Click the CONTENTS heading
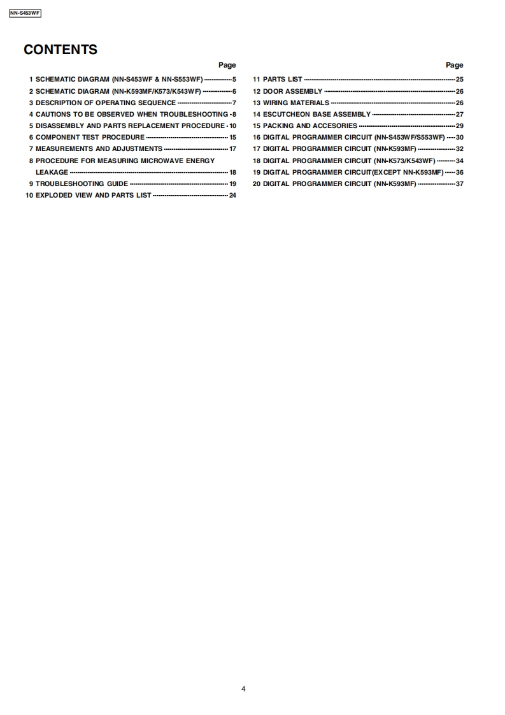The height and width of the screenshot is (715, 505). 60,50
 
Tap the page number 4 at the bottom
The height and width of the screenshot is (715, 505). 243,688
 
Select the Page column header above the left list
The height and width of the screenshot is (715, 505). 227,65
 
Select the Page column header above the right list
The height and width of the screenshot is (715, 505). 454,65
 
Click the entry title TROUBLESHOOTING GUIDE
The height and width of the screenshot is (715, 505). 82,184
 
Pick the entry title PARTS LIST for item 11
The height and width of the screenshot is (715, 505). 283,80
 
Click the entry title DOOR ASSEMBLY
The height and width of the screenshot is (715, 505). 292,91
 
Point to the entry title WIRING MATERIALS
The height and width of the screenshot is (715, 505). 296,103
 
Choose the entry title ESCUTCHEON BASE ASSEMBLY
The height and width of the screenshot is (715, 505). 317,114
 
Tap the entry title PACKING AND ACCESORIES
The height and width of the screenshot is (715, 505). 310,126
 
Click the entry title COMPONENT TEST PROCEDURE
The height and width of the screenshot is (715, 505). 90,137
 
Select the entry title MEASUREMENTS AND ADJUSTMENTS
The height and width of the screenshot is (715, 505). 99,148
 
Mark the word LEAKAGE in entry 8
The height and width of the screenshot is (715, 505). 52,172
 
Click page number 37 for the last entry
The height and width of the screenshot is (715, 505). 460,184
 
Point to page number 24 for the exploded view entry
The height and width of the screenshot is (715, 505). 232,195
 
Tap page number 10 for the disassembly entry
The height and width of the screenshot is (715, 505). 232,126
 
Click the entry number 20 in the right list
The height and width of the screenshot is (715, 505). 257,184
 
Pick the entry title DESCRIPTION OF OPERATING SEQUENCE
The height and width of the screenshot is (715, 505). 106,103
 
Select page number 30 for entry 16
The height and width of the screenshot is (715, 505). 460,137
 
